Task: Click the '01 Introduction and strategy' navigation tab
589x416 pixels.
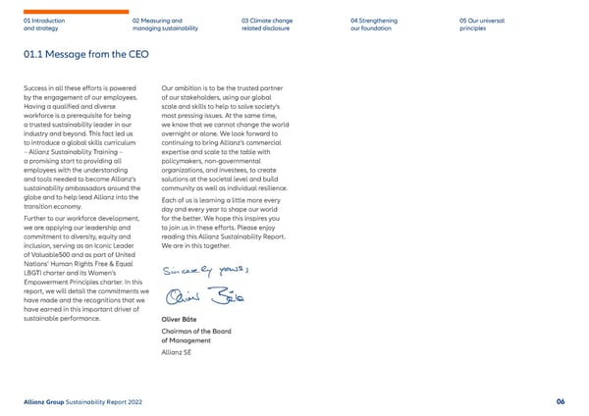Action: [x=43, y=25]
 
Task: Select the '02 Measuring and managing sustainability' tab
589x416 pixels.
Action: [x=165, y=25]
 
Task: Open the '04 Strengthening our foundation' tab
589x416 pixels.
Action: [x=374, y=25]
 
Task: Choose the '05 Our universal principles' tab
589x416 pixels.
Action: [x=480, y=25]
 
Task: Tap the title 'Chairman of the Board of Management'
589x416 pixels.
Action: [x=195, y=337]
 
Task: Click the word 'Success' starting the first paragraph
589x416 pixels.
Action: [x=36, y=89]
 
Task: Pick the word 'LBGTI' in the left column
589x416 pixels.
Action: [x=33, y=274]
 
